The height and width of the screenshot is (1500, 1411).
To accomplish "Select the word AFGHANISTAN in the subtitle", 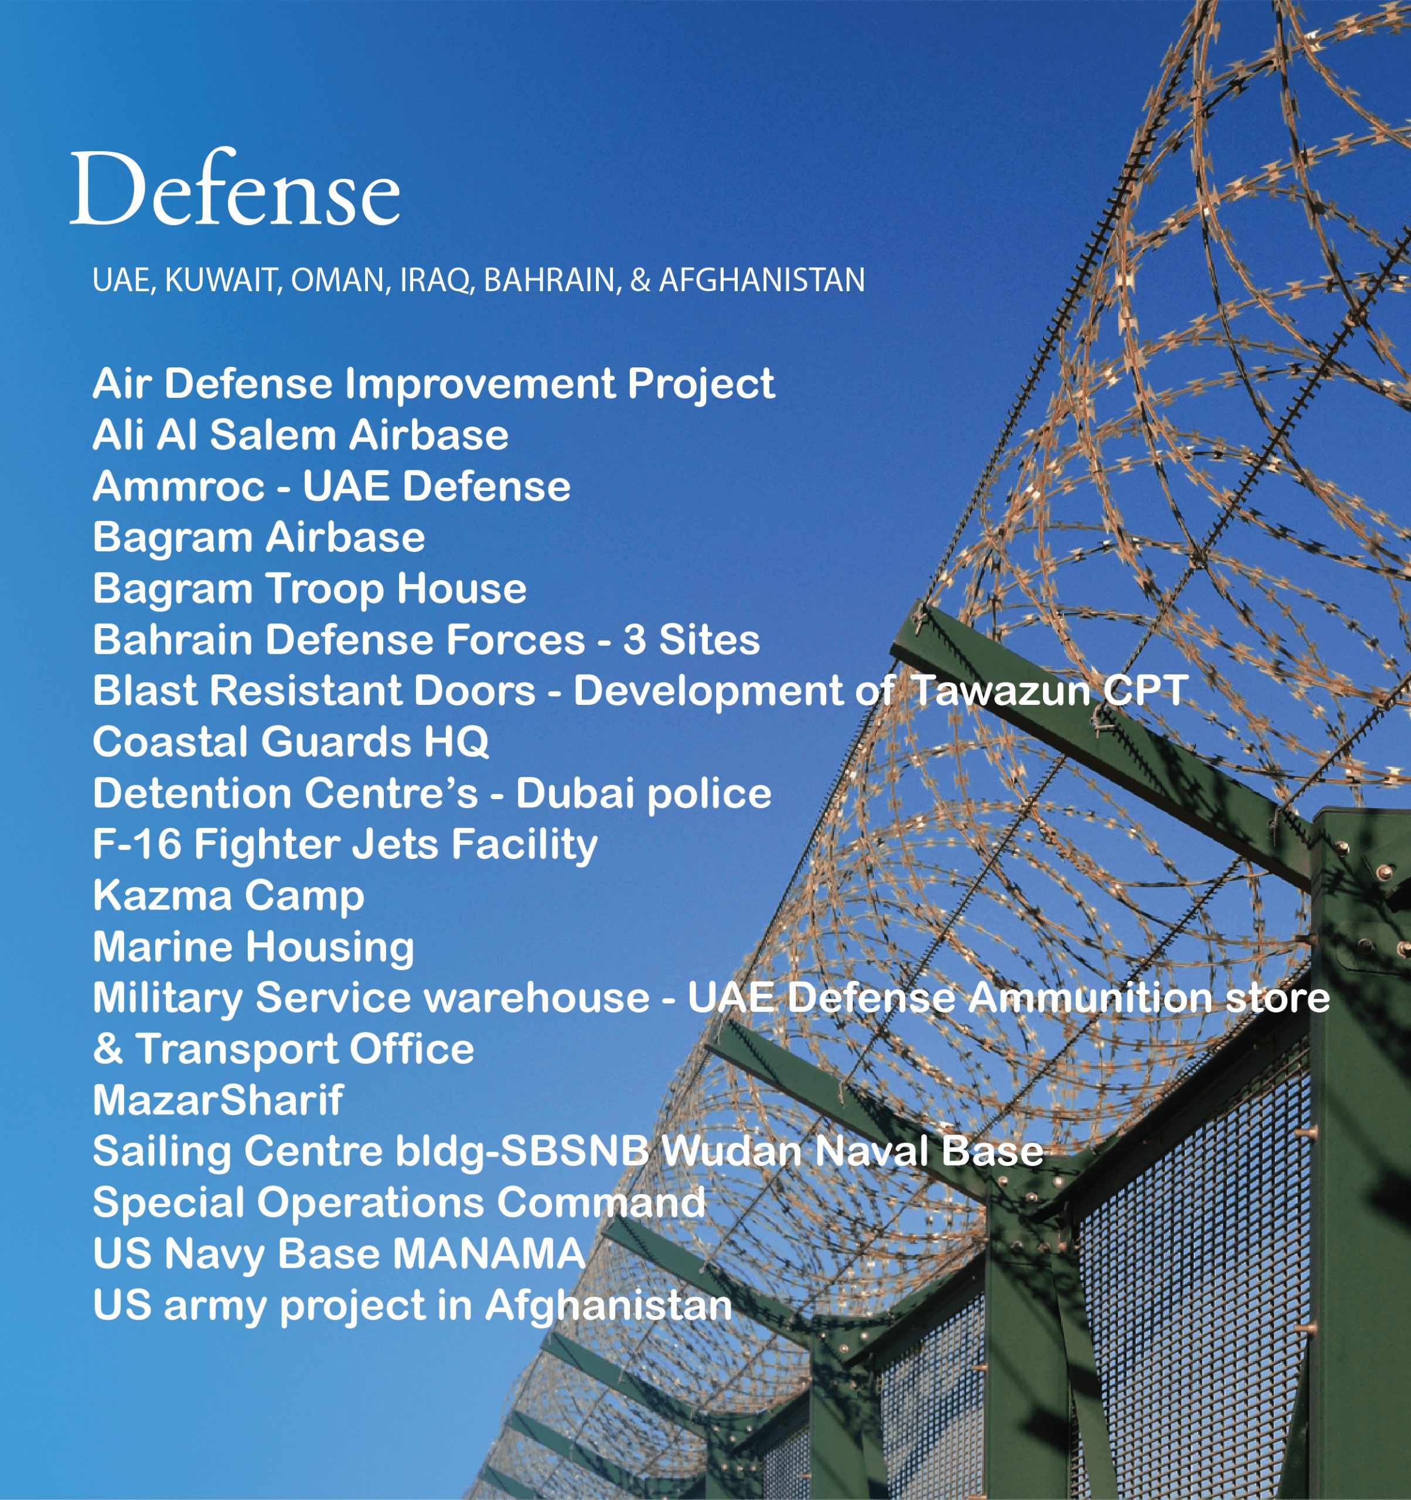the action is pyautogui.click(x=762, y=280).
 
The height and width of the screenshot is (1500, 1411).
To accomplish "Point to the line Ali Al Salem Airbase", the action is pyautogui.click(x=301, y=435).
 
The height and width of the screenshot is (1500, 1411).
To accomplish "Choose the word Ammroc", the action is pyautogui.click(x=179, y=487).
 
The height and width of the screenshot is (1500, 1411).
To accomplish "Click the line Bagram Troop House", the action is pyautogui.click(x=309, y=589).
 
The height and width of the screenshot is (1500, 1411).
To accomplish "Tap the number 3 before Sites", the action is pyautogui.click(x=634, y=640).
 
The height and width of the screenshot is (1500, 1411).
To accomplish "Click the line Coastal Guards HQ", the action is pyautogui.click(x=291, y=742).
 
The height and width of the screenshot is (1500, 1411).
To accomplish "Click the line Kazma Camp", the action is pyautogui.click(x=229, y=897).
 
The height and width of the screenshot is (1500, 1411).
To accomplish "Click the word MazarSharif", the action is pyautogui.click(x=218, y=1100).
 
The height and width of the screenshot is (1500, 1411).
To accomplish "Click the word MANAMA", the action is pyautogui.click(x=489, y=1254).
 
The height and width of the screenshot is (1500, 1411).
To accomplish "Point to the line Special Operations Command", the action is pyautogui.click(x=399, y=1204).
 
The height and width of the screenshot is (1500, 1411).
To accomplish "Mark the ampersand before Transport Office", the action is pyautogui.click(x=108, y=1049).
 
